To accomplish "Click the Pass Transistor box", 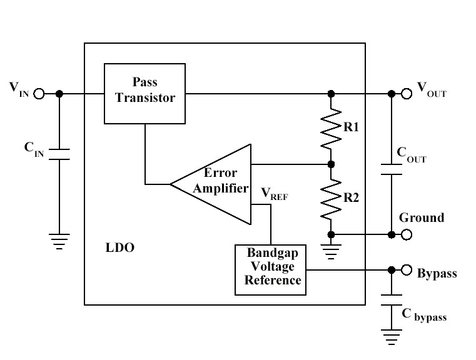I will (x=145, y=93).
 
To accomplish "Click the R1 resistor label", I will (x=351, y=127).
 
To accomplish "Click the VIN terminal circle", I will (x=39, y=94).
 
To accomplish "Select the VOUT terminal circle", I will (x=407, y=94).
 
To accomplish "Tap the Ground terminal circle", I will (x=407, y=234).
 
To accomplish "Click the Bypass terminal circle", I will (x=407, y=271).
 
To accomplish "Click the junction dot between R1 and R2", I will (x=331, y=165).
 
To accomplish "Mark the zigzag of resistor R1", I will (x=331, y=129).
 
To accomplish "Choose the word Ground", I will (x=422, y=218).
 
